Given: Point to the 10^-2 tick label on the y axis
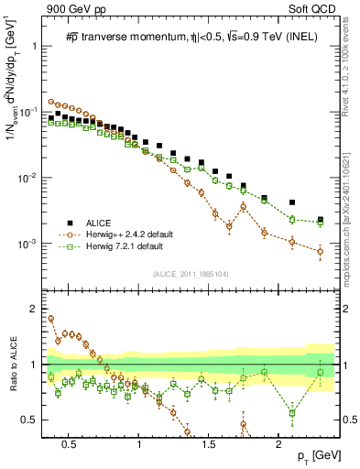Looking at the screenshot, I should point(31,178).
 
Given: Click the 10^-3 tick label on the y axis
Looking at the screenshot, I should point(31,245).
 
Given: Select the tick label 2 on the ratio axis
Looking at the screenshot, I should point(37,309).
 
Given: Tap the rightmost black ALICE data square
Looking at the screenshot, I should point(320,220).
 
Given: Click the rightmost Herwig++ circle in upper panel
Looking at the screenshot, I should point(320,251).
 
